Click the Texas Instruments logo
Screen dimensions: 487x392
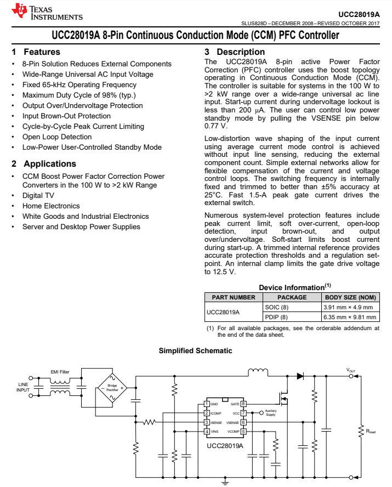pos(47,12)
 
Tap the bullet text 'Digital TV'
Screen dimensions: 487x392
pos(38,195)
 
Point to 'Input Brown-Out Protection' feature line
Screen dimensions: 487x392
pos(66,116)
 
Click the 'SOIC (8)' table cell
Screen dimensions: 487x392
pos(276,307)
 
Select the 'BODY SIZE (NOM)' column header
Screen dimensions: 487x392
pos(350,297)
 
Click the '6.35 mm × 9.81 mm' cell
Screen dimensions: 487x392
pos(349,317)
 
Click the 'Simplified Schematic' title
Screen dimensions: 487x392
pos(195,350)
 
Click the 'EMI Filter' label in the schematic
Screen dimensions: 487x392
pos(60,371)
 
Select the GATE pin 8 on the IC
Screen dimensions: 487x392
pos(243,404)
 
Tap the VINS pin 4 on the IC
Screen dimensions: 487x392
pos(206,432)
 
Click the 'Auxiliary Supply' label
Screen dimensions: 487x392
pos(270,413)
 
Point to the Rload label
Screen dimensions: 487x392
pos(371,431)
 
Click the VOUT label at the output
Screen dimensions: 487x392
pos(351,371)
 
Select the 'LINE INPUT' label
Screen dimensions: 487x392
pos(23,387)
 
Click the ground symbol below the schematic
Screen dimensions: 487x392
pos(224,483)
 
